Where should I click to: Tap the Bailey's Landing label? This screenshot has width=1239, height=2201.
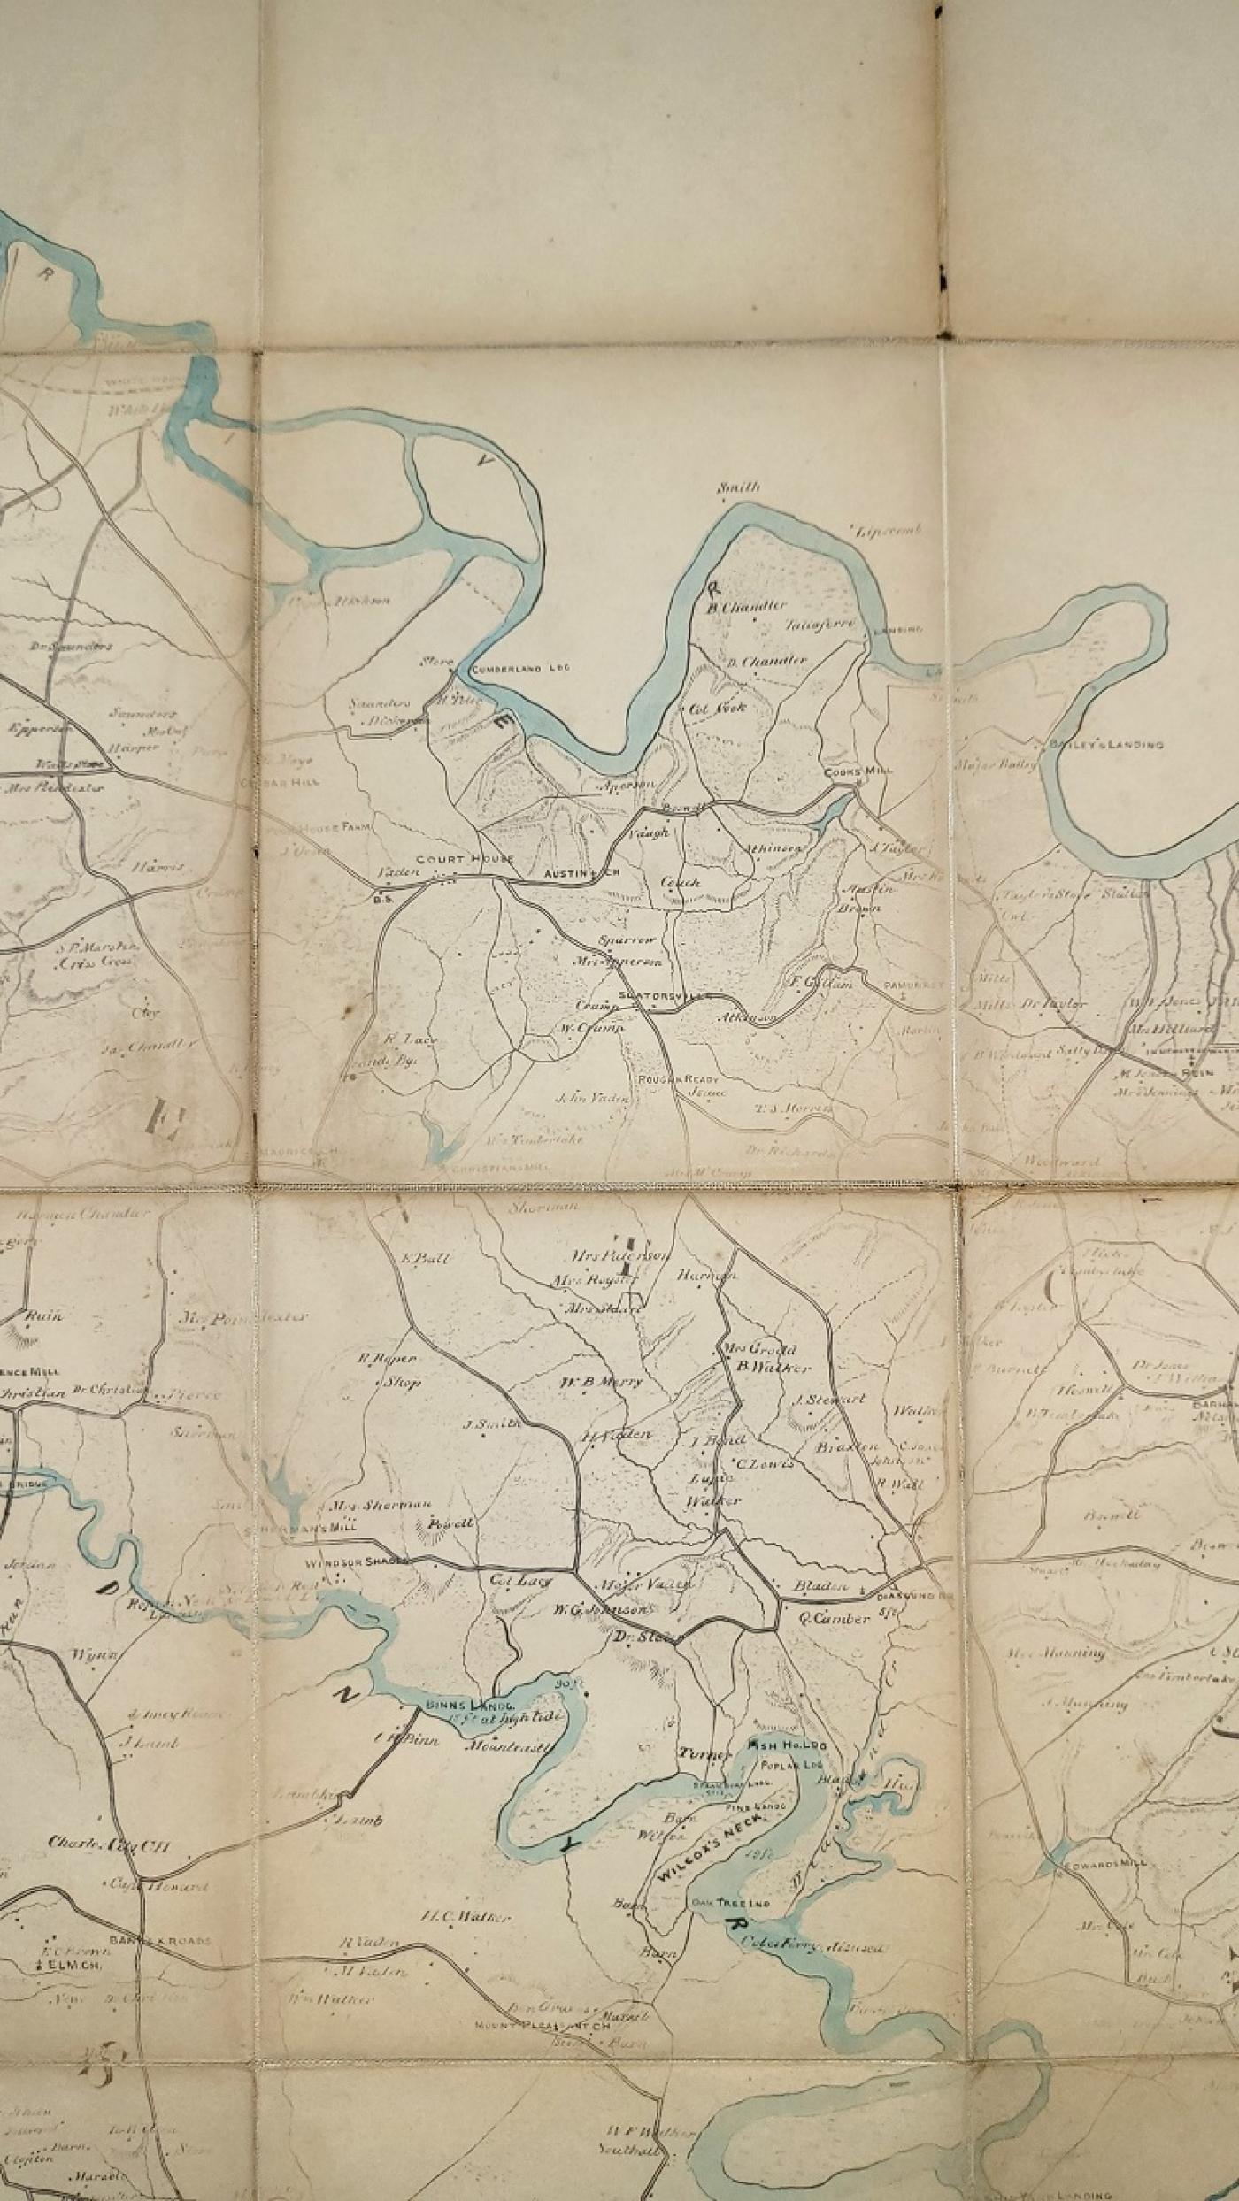pos(1106,744)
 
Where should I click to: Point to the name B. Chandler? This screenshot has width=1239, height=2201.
pos(746,606)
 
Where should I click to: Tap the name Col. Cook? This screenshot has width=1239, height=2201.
pos(717,707)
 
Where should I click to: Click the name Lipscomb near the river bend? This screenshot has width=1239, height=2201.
pos(889,530)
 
